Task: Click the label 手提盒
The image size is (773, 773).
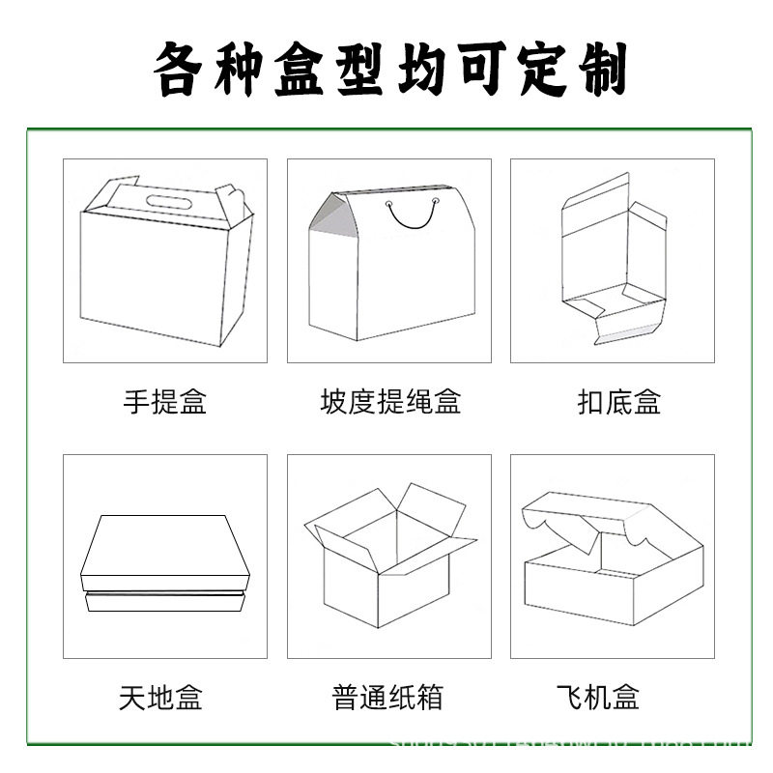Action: click(164, 401)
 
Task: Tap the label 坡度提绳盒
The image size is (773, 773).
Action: click(389, 401)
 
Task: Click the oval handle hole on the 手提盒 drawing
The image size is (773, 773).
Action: click(168, 202)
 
